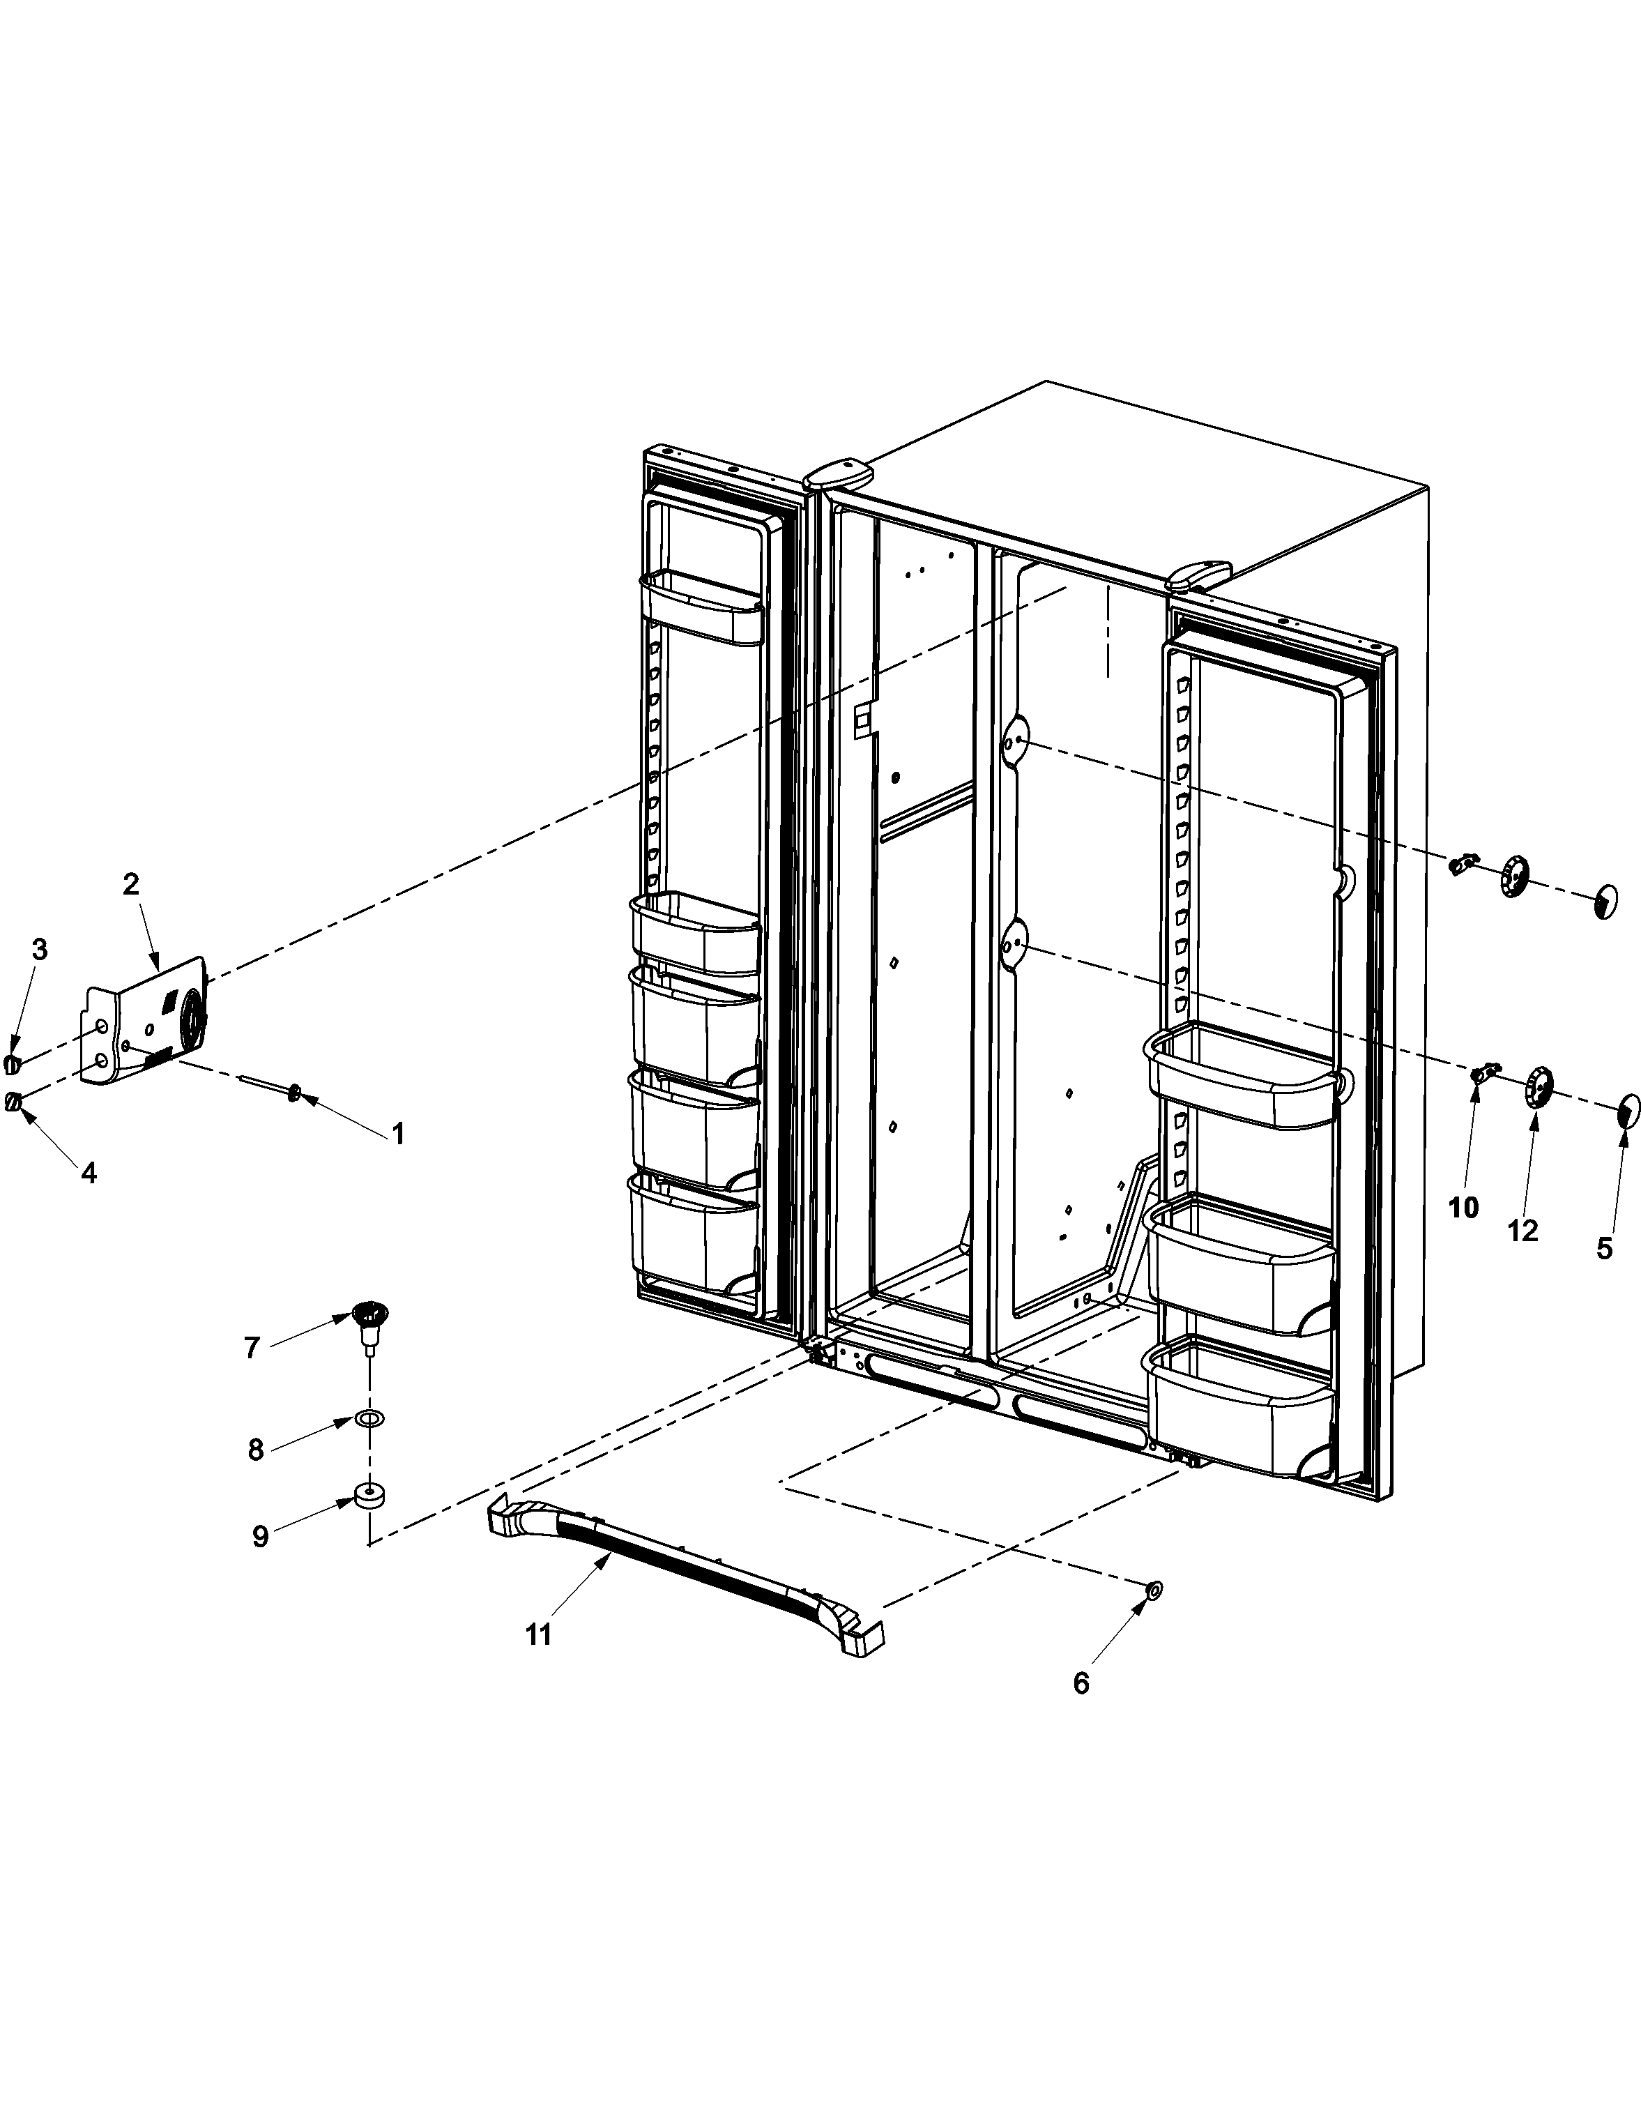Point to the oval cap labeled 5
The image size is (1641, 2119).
[x=1629, y=1109]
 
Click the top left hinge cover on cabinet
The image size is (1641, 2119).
[x=838, y=474]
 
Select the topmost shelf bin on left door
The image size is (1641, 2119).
[x=699, y=607]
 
